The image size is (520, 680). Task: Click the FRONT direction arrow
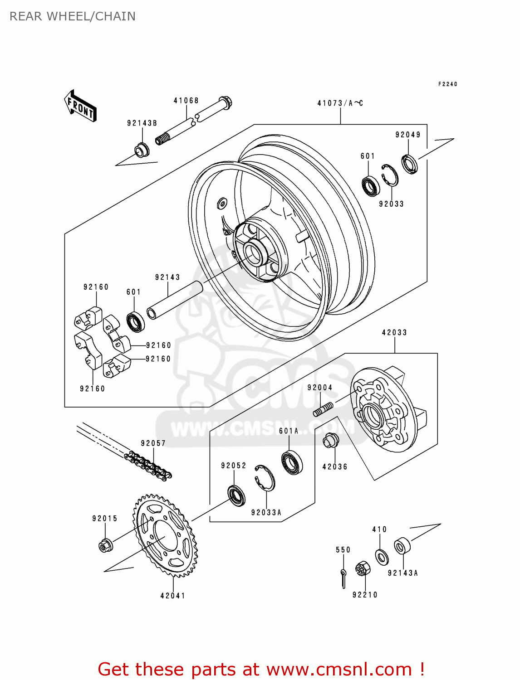click(81, 106)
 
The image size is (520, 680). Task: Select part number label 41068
click(186, 101)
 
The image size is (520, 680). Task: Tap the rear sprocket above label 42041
click(166, 536)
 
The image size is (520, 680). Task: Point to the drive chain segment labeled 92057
click(148, 465)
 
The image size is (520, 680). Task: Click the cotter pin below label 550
click(343, 578)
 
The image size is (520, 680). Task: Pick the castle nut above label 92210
click(363, 568)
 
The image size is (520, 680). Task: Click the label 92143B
click(142, 123)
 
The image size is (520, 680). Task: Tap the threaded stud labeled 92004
click(323, 409)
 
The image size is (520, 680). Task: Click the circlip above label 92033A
click(265, 477)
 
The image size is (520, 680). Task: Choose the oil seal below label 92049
click(409, 164)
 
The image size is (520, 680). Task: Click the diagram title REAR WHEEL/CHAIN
click(73, 16)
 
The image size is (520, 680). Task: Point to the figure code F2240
click(447, 84)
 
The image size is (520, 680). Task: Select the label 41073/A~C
click(340, 103)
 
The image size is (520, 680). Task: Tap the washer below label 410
click(382, 556)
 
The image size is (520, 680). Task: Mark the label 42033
click(394, 333)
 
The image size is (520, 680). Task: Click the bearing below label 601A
click(292, 462)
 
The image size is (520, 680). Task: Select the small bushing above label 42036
click(330, 440)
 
